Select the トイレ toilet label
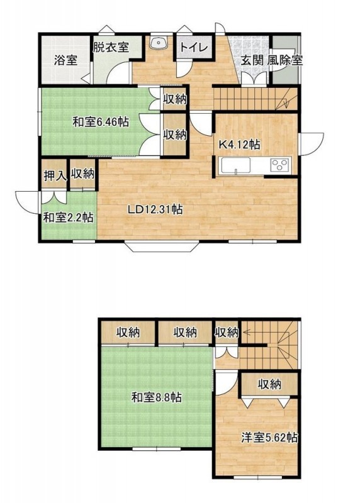pyautogui.click(x=194, y=48)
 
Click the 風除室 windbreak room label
pyautogui.click(x=284, y=60)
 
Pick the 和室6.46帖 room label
pyautogui.click(x=101, y=122)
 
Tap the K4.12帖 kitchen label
pyautogui.click(x=239, y=145)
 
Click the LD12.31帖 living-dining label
pyautogui.click(x=155, y=209)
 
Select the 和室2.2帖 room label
pyautogui.click(x=69, y=218)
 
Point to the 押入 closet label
pyautogui.click(x=55, y=175)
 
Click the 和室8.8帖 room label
pyautogui.click(x=156, y=398)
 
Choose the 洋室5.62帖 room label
pyautogui.click(x=269, y=438)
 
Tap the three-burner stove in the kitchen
pyautogui.click(x=280, y=165)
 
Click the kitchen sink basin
pyautogui.click(x=235, y=166)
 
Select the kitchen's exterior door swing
pyautogui.click(x=311, y=144)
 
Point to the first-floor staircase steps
pyautogui.click(x=256, y=99)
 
